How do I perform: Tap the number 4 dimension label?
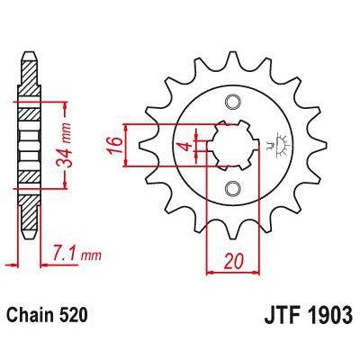pos(182,147)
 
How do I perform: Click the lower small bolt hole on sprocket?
pos(232,187)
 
